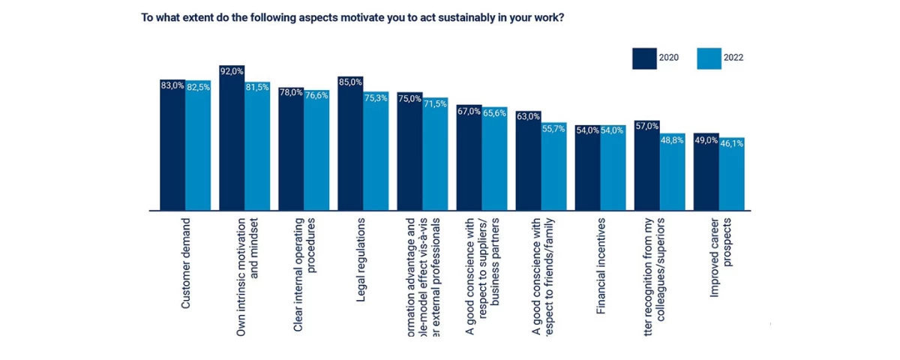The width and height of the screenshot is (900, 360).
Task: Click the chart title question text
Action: click(352, 16)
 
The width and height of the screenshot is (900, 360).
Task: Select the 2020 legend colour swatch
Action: click(643, 57)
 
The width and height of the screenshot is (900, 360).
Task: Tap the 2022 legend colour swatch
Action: click(709, 57)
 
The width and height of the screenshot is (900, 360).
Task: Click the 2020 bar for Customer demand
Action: click(172, 146)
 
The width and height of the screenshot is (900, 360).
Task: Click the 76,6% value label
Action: click(316, 94)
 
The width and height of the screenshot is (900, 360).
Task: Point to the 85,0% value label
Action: click(350, 82)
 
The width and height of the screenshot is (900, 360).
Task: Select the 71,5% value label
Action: click(435, 103)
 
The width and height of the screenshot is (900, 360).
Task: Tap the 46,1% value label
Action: click(732, 142)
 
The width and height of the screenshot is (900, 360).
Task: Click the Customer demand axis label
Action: click(185, 262)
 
